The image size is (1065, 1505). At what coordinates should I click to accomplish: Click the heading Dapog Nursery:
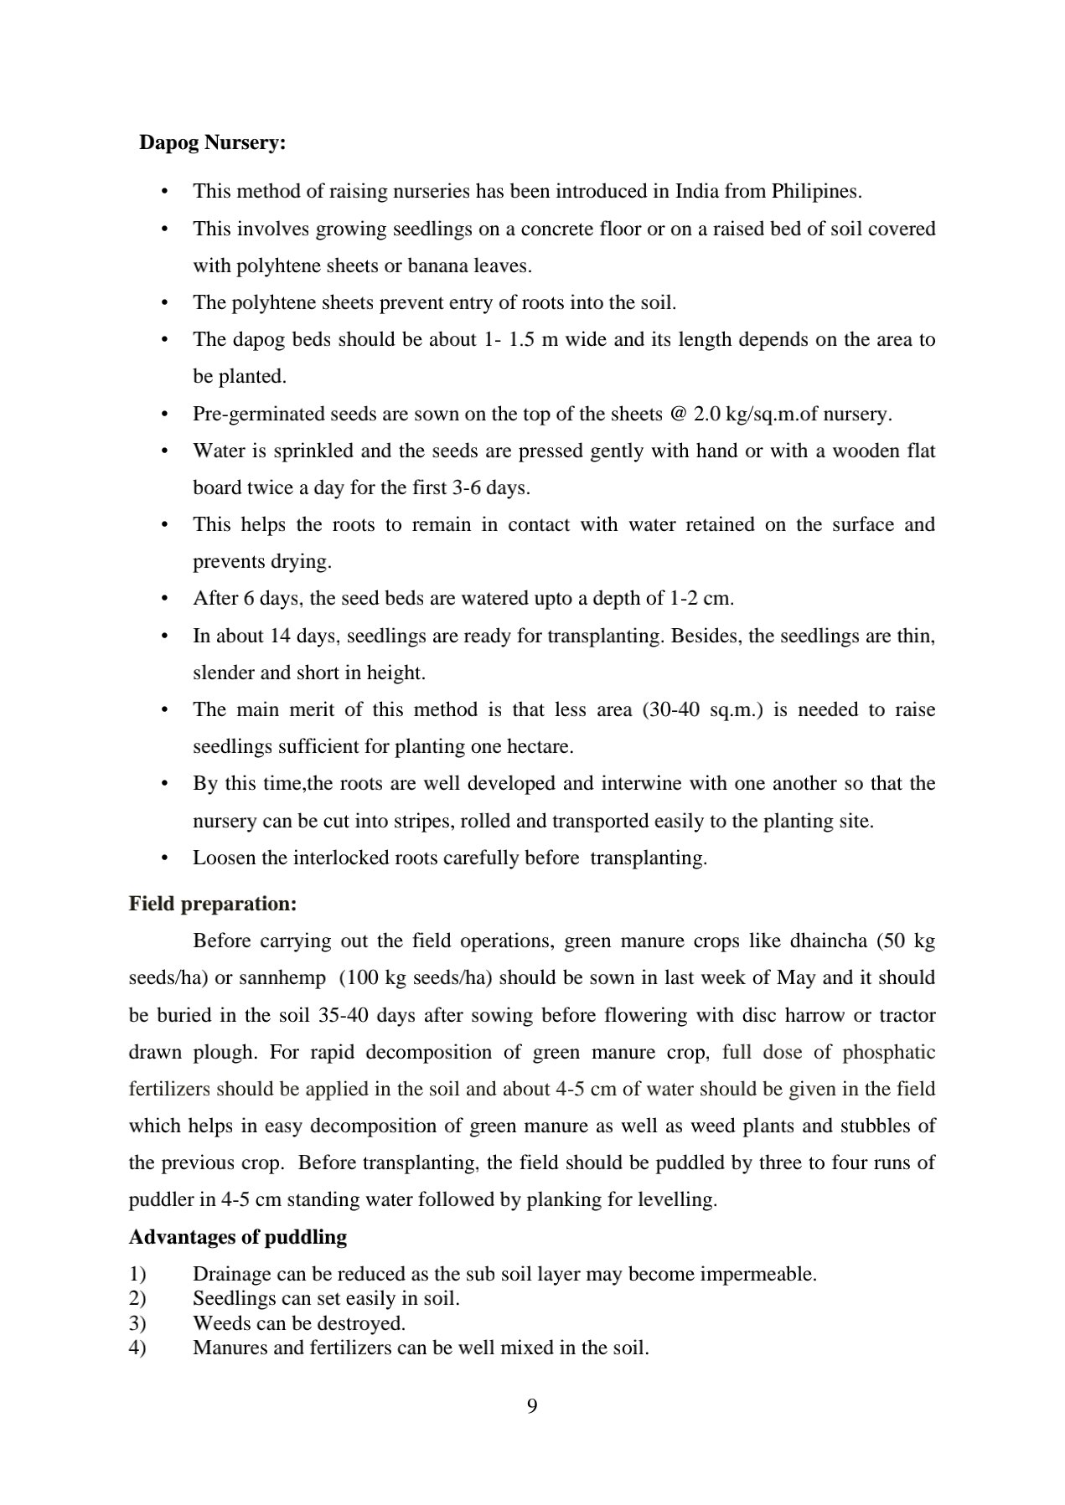(x=213, y=142)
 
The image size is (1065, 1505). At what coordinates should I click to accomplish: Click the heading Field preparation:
(x=213, y=904)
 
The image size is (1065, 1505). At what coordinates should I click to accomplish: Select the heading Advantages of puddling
(x=238, y=1237)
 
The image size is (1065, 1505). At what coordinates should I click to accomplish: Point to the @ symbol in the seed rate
(x=679, y=414)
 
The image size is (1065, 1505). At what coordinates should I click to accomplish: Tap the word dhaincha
(x=828, y=941)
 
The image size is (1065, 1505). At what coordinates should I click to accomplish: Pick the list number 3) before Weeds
(x=137, y=1323)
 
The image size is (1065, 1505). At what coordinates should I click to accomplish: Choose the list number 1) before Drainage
(x=137, y=1274)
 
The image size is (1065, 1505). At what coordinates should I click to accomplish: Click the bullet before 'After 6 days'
(x=165, y=599)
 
